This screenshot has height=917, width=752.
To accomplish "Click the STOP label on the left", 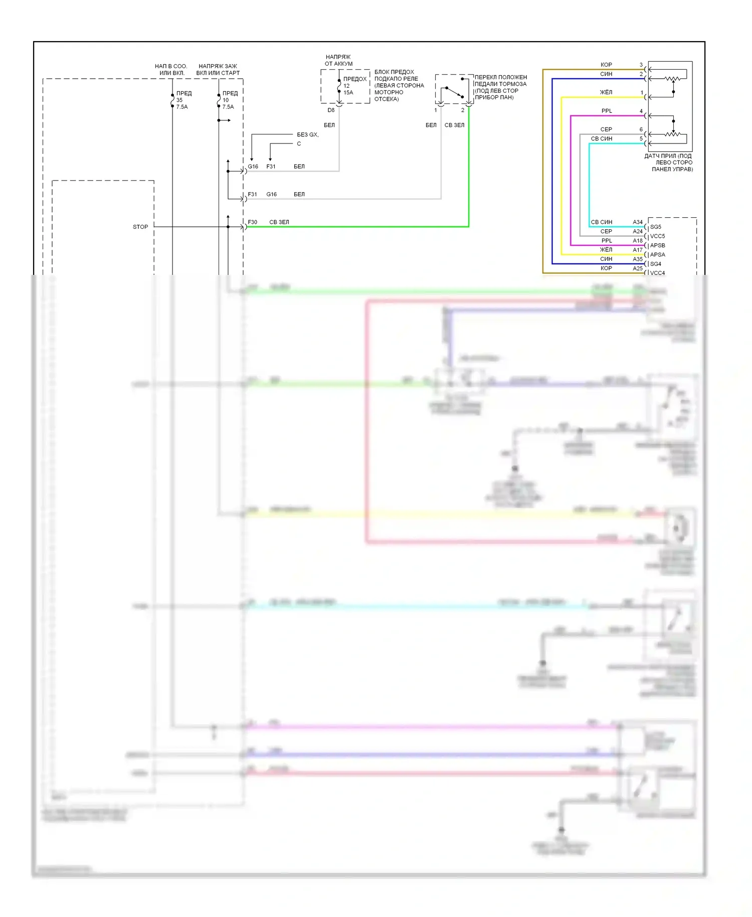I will pyautogui.click(x=140, y=227).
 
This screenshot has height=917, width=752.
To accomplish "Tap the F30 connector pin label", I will pyautogui.click(x=252, y=222).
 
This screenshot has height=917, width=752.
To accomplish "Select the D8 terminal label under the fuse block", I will pyautogui.click(x=331, y=110).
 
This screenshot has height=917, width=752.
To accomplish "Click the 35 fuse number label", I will pyautogui.click(x=179, y=100).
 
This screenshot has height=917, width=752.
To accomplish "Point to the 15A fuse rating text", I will pyautogui.click(x=348, y=92).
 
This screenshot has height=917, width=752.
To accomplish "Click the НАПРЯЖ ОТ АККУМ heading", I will pyautogui.click(x=338, y=60).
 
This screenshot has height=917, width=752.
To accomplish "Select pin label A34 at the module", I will pyautogui.click(x=637, y=222).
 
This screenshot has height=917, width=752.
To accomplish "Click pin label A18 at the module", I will pyautogui.click(x=637, y=241).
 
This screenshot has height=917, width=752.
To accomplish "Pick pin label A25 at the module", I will pyautogui.click(x=637, y=268).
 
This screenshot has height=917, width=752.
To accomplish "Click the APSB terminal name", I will pyautogui.click(x=657, y=245).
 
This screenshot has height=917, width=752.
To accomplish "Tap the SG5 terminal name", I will pyautogui.click(x=656, y=227).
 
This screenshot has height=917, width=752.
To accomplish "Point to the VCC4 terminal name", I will pyautogui.click(x=657, y=273).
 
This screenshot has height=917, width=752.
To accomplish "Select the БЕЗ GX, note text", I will pyautogui.click(x=308, y=134).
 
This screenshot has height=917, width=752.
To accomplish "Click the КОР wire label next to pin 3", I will pyautogui.click(x=606, y=65).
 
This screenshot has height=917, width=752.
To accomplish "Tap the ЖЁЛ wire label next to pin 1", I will pyautogui.click(x=606, y=92).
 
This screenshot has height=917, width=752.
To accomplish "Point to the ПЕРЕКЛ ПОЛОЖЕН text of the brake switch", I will pyautogui.click(x=501, y=77).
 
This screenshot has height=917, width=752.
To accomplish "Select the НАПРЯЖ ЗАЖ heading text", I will pyautogui.click(x=218, y=66).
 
